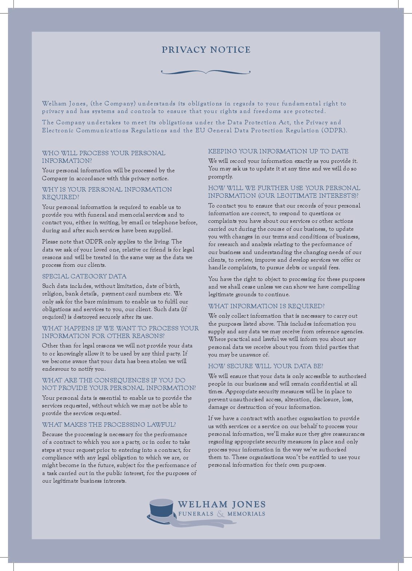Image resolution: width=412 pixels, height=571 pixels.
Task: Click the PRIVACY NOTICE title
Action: (206, 50)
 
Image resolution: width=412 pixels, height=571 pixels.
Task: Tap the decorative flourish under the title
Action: (206, 72)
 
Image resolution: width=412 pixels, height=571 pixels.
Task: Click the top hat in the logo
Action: (161, 509)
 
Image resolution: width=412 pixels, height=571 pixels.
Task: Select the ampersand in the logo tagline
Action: (221, 514)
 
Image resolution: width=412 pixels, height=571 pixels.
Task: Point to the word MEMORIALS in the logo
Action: (246, 514)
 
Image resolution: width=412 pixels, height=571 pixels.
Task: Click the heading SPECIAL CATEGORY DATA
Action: (84, 276)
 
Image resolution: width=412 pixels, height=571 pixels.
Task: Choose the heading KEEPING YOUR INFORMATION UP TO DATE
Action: (278, 151)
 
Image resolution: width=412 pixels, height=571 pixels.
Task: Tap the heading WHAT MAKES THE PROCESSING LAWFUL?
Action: (109, 425)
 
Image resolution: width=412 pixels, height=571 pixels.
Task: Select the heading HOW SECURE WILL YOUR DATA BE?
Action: (265, 366)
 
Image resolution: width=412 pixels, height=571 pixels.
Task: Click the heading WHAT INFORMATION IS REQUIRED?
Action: (266, 306)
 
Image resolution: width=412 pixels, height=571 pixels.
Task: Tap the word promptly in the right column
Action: (220, 177)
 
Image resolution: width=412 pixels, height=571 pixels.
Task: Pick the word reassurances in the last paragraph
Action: (347, 434)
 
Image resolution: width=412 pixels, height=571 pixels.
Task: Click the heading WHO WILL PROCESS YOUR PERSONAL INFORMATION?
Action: (103, 157)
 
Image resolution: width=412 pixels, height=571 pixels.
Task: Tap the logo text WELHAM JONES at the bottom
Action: (222, 504)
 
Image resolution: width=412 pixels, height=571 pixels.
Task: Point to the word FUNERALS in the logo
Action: (196, 514)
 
